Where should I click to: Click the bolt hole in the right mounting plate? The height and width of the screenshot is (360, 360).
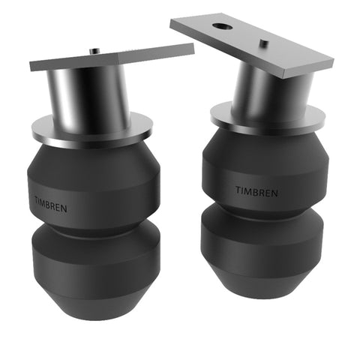tap(220, 26)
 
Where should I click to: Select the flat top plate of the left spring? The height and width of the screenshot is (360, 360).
tap(112, 58)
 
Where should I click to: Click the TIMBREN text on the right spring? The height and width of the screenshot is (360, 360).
tap(256, 192)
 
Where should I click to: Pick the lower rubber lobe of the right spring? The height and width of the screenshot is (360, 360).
tap(262, 240)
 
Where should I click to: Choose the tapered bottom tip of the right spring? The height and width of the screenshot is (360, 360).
tap(262, 289)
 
